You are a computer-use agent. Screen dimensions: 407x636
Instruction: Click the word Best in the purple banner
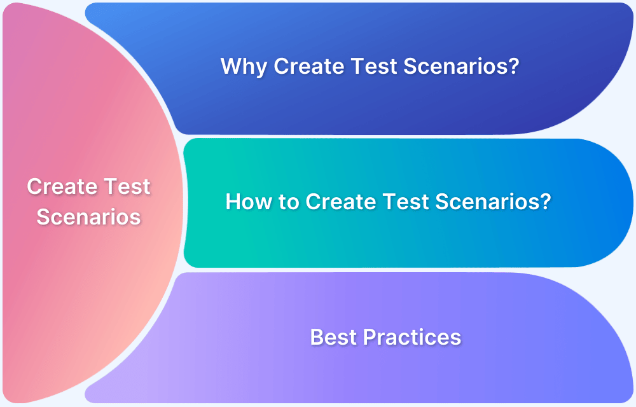[x=333, y=337]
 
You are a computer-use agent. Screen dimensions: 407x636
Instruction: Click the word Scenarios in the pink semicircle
[x=88, y=217]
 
